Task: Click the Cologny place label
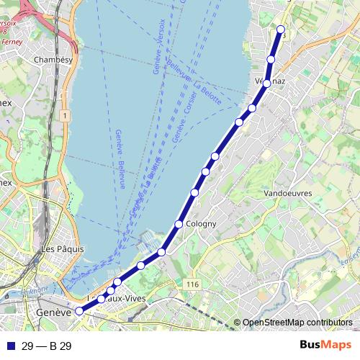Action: [201, 224]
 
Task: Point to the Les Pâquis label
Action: [63, 248]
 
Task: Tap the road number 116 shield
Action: [192, 285]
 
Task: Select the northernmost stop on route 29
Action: [282, 30]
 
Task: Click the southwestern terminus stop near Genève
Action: [79, 312]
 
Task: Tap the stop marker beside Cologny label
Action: [179, 225]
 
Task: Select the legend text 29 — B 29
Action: [46, 346]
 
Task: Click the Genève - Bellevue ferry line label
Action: [120, 158]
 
